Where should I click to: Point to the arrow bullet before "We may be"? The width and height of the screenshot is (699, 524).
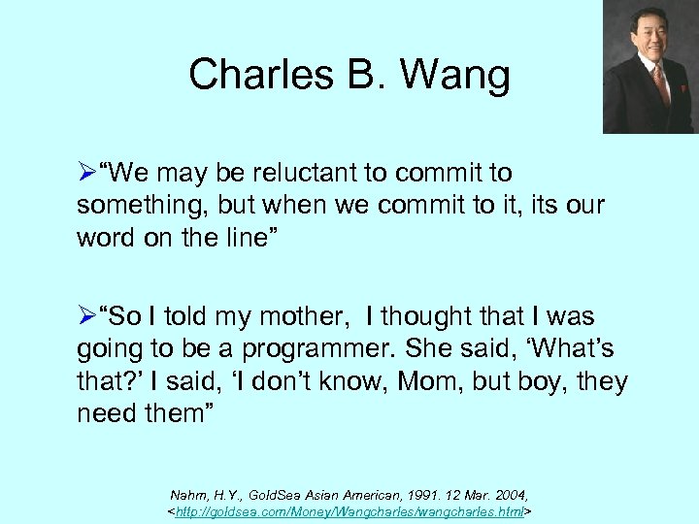(86, 174)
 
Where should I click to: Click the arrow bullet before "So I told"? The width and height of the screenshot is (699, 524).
(86, 317)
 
